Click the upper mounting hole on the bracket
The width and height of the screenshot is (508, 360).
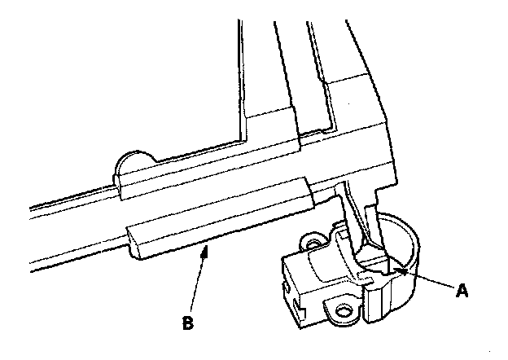[x=311, y=241]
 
